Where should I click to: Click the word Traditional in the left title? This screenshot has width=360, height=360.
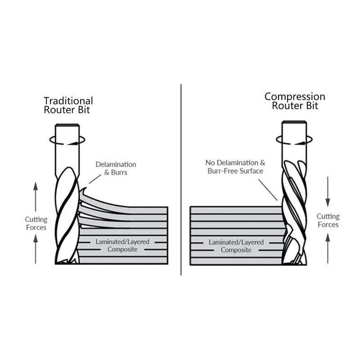coord(68,101)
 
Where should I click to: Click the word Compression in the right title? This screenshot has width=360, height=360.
coord(295,97)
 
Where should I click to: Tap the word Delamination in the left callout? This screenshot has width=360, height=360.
coord(116,164)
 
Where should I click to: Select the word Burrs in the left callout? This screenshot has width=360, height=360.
coord(119,172)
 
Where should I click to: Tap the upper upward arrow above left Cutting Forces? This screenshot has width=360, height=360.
coord(36,197)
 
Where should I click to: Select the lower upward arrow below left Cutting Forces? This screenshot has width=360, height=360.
coord(36,249)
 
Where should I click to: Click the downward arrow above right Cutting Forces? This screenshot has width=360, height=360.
coord(328,192)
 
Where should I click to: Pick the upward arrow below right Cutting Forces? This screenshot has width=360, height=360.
coord(328,248)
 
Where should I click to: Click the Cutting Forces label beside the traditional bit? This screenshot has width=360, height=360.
coord(36,223)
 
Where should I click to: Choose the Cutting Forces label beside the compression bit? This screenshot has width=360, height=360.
coord(328,220)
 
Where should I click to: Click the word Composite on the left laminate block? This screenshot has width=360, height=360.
coord(122,249)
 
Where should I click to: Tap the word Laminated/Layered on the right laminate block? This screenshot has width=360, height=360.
coord(236,242)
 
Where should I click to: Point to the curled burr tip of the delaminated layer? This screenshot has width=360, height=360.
coord(85,188)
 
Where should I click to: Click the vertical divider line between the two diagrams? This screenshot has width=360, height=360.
coord(181,180)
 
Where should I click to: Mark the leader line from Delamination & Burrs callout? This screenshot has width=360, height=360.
coord(95,179)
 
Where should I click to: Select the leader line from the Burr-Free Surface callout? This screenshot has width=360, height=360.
coord(268,190)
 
